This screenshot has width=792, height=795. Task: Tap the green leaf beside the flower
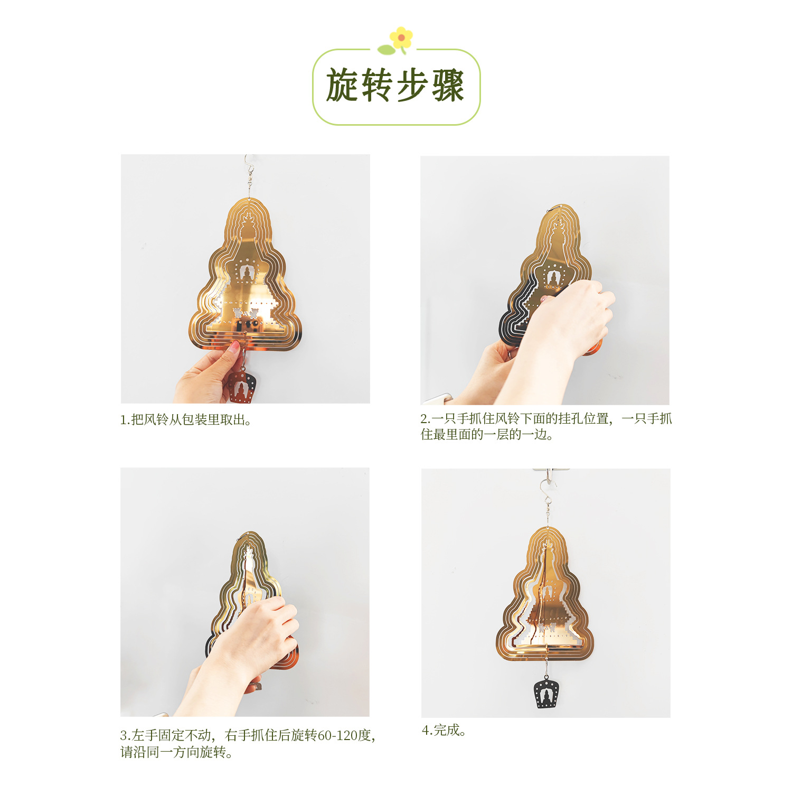tap(386, 50)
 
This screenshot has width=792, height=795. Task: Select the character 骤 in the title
tap(448, 86)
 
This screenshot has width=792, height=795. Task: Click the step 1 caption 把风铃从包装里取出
tap(191, 420)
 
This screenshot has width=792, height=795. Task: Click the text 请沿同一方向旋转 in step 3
tap(176, 752)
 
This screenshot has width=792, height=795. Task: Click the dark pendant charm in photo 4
tap(546, 694)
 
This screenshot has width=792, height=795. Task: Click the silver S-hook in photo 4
tap(547, 491)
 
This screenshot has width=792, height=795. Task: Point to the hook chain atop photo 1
tap(249, 174)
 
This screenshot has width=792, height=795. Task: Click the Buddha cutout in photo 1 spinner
tap(246, 273)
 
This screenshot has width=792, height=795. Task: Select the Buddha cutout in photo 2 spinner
tap(552, 278)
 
